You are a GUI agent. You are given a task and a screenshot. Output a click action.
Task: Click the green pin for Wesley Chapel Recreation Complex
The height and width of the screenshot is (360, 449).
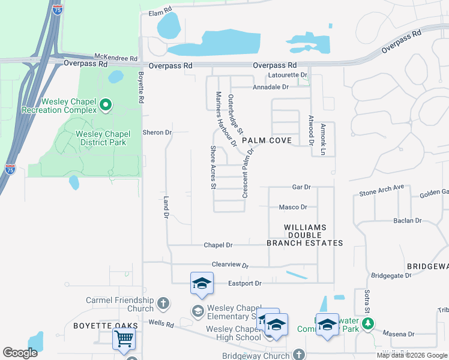coord(106,106)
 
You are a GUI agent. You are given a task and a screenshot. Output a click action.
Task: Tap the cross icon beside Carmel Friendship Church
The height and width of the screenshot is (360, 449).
coord(163,304)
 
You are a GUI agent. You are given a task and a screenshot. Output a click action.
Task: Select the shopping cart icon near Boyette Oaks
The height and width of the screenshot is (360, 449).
coord(124,339)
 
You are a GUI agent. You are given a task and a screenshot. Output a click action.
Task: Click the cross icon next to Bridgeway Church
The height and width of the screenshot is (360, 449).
coord(299,355)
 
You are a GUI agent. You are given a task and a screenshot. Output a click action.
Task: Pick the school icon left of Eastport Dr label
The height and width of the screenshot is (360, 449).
coord(202,283)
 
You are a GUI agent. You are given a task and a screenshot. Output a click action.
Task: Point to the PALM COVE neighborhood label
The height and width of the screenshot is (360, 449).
coord(267,140)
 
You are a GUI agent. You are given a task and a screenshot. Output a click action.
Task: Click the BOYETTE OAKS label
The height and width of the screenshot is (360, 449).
coord(106,326)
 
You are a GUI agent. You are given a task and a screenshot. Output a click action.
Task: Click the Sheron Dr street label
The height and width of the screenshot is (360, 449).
coord(157,132)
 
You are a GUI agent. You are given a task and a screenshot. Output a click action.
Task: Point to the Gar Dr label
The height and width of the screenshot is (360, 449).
coord(301,187)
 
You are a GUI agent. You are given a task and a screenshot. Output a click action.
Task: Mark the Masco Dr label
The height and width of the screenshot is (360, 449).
coord(293,207)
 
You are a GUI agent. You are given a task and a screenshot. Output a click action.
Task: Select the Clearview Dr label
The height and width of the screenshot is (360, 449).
coord(230,265)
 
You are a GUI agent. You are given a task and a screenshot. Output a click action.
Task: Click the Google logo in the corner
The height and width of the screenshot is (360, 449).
coord(20,352)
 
